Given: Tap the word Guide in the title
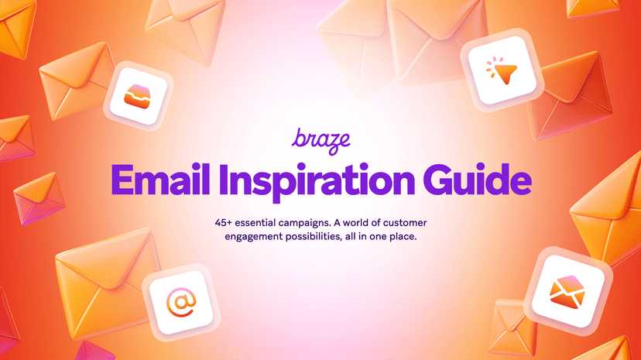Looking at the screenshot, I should (481, 179).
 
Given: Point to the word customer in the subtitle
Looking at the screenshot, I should (399, 222).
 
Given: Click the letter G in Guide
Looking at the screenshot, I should (441, 179).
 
